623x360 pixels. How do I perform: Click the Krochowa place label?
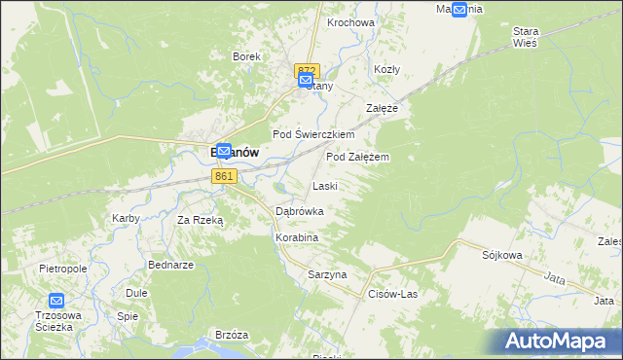click(351, 22)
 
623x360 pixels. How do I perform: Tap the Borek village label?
click(246, 56)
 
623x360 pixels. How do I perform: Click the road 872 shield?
click(306, 68)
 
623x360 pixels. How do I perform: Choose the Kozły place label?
click(387, 69)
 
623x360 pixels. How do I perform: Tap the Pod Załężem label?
click(358, 156)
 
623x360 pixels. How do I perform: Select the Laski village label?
click(324, 186)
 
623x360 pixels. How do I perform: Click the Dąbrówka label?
click(300, 210)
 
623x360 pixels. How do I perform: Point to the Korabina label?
click(297, 236)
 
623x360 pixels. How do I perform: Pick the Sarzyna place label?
click(327, 274)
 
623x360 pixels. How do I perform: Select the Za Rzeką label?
click(200, 220)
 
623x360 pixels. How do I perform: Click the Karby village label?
click(127, 218)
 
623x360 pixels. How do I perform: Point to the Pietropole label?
click(63, 267)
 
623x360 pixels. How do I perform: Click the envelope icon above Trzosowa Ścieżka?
click(56, 302)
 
